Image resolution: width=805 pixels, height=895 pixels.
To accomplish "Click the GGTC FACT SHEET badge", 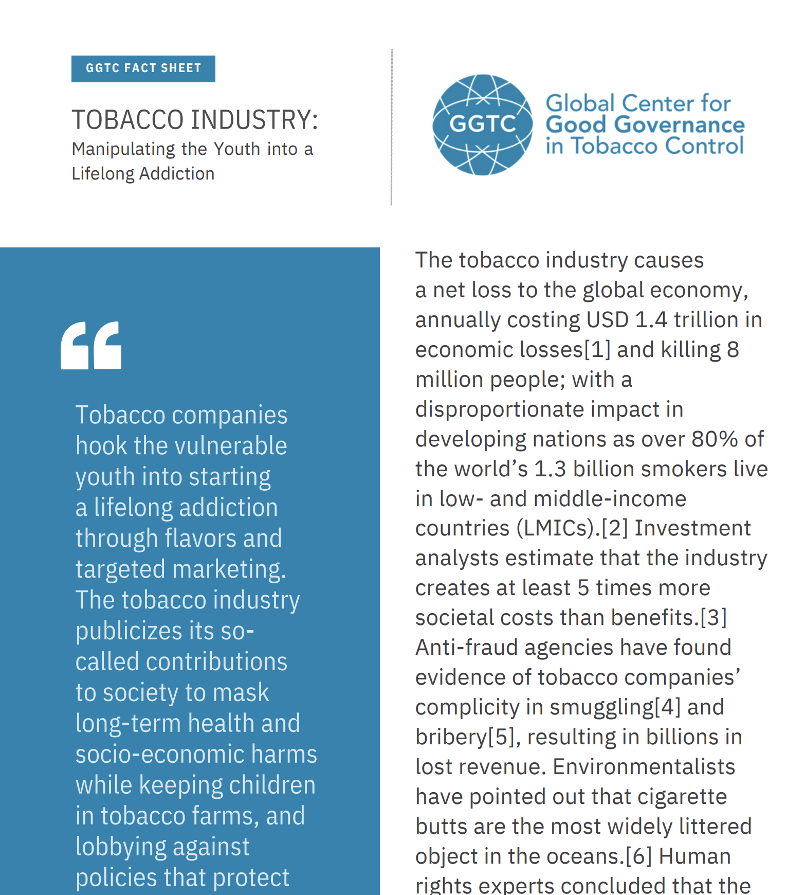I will coord(143,68).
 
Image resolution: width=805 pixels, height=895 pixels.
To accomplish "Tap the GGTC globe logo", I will coord(482,124).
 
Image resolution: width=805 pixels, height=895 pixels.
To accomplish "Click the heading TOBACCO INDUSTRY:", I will coord(195,120).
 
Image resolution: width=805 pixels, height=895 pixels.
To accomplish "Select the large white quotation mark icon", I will coord(91,345).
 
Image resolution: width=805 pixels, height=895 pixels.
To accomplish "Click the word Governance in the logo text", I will coord(679,125).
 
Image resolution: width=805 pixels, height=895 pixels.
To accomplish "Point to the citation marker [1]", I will coord(597,350).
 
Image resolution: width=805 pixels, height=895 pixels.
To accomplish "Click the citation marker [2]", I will coord(614,528).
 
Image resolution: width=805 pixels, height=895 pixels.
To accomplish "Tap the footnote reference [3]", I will coord(713,618).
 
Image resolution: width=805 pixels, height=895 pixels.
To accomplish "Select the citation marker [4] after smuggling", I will coord(667,707).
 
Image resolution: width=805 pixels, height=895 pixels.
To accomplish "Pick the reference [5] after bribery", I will coord(501,737).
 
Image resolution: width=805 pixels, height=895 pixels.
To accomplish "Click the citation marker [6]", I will coord(638,856).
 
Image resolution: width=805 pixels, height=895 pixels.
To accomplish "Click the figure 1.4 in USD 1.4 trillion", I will coord(651,320).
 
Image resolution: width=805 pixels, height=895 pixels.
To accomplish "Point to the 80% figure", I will coord(715,439).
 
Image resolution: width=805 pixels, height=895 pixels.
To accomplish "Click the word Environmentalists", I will coord(644,767).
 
